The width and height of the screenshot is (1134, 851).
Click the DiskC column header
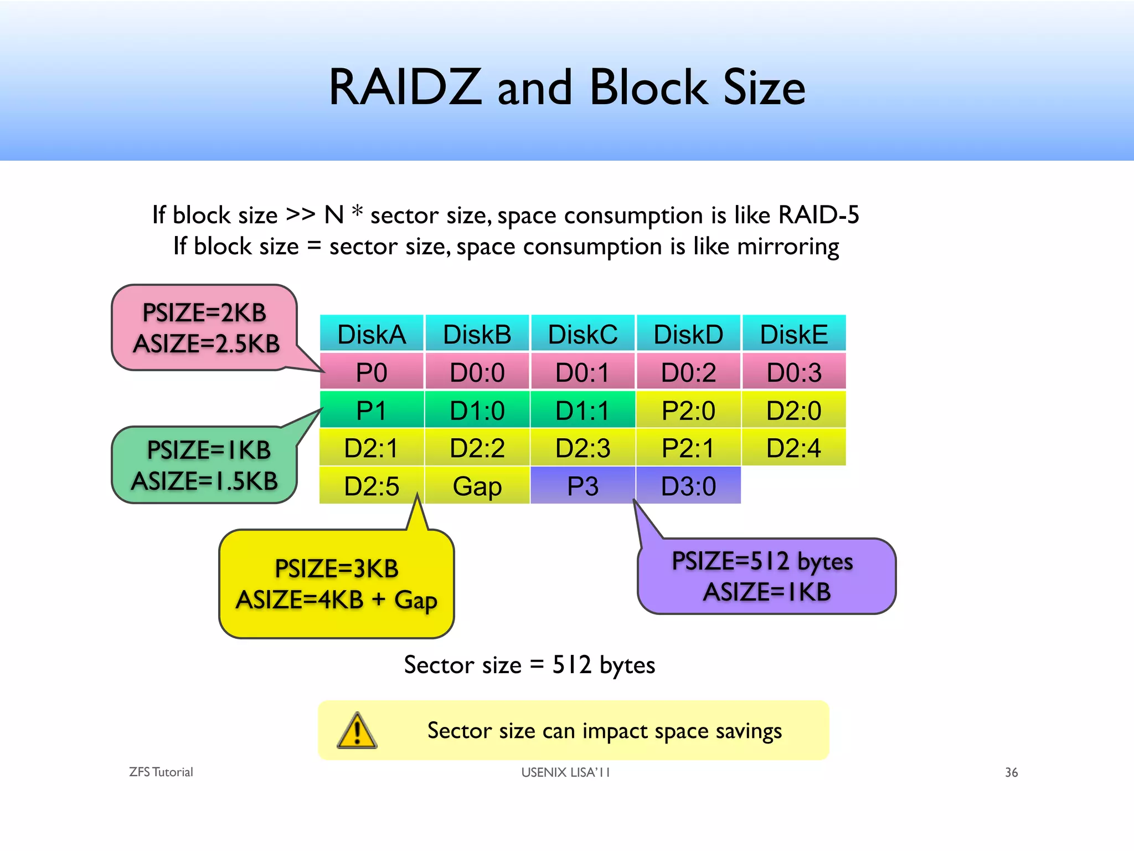(x=583, y=334)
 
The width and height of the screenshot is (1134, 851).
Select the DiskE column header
(x=793, y=334)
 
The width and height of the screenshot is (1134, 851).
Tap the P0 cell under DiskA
(x=372, y=372)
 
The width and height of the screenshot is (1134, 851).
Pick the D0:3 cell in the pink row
(x=793, y=372)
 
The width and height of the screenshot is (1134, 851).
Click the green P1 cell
(x=372, y=410)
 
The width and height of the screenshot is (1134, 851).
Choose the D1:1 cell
(x=583, y=410)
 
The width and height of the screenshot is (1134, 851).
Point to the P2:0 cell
(x=688, y=410)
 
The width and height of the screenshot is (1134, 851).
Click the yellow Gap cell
(x=477, y=486)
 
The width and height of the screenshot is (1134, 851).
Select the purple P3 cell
(x=583, y=486)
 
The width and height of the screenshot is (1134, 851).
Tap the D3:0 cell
(x=688, y=486)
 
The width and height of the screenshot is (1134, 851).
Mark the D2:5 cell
(x=372, y=486)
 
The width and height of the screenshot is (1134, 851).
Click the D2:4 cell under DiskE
(x=793, y=448)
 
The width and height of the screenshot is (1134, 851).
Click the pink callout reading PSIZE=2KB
(x=204, y=327)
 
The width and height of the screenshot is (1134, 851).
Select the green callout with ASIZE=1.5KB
(x=204, y=465)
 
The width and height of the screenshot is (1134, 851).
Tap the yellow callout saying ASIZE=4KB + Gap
(x=336, y=584)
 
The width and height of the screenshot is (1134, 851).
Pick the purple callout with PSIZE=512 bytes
(x=766, y=576)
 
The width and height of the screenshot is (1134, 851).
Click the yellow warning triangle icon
(x=357, y=731)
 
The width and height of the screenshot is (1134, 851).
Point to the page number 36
(x=1011, y=772)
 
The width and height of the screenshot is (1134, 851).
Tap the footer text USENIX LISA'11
(x=565, y=772)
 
